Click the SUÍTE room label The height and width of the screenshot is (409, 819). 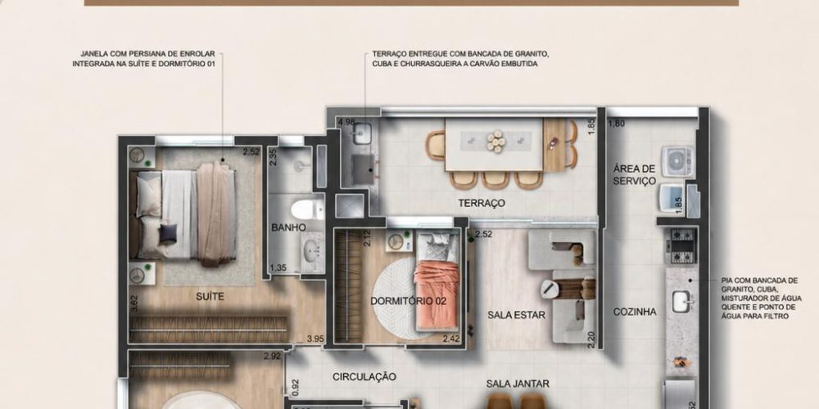click(210, 297)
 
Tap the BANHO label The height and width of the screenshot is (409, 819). click(288, 227)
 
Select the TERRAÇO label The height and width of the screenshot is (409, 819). click(482, 204)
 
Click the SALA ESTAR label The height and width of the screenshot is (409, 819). click(516, 315)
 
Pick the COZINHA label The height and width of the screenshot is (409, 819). click(635, 312)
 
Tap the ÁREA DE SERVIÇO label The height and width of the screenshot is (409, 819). click(634, 175)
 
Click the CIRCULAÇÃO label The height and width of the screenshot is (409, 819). click(364, 376)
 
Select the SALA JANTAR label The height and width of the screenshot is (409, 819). click(518, 384)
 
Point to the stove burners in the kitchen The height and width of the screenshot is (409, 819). click(681, 245)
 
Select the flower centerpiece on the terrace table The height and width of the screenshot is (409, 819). click(495, 141)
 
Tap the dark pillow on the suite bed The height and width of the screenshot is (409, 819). click(168, 233)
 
